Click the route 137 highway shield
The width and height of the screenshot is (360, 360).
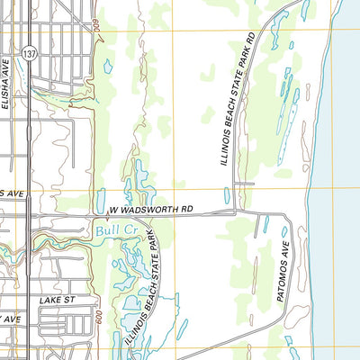30,55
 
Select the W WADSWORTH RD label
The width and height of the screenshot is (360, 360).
151,211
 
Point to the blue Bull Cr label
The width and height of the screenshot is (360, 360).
112,231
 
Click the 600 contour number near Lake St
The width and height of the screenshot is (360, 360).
97,319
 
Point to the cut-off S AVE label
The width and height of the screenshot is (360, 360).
11,193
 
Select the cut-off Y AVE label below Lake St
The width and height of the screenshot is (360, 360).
10,319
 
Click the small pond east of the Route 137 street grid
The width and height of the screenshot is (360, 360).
108,66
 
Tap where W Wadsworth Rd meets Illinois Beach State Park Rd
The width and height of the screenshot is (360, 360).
237,212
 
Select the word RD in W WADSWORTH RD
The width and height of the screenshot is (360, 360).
185,210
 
